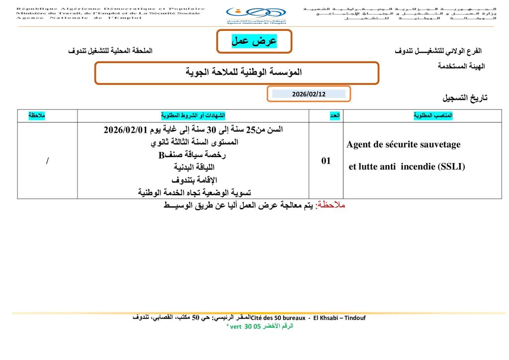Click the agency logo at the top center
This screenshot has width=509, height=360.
pyautogui.click(x=255, y=15)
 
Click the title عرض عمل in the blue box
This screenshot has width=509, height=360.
pyautogui.click(x=254, y=41)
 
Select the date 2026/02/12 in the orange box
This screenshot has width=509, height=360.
pyautogui.click(x=308, y=93)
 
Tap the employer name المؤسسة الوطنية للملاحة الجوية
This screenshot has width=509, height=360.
pyautogui.click(x=237, y=73)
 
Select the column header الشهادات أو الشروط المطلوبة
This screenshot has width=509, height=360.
pyautogui.click(x=193, y=115)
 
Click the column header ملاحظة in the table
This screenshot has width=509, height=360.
pyautogui.click(x=37, y=115)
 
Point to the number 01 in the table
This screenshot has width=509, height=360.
pyautogui.click(x=326, y=161)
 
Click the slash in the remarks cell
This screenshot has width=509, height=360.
pyautogui.click(x=47, y=161)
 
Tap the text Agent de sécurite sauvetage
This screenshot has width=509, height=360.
pyautogui.click(x=404, y=145)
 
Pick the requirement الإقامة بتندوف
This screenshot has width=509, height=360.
pyautogui.click(x=194, y=180)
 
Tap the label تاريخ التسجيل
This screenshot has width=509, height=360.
pyautogui.click(x=465, y=98)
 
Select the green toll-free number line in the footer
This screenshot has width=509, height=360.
pyautogui.click(x=259, y=326)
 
